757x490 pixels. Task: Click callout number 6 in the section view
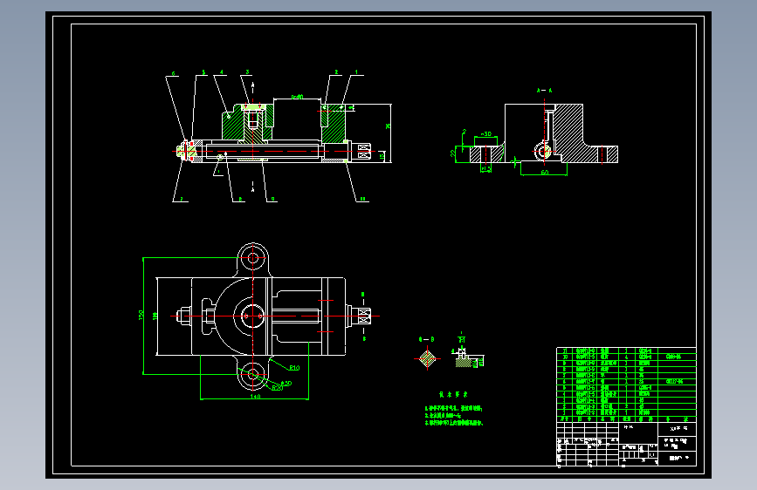[174, 74]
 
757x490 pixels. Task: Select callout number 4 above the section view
[224, 72]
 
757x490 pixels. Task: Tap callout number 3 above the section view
[247, 72]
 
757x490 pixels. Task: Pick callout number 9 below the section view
[273, 200]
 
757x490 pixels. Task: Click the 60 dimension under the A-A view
[543, 173]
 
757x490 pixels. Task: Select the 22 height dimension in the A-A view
[453, 153]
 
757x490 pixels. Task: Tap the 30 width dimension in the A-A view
[486, 134]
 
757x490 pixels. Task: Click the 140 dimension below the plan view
[255, 397]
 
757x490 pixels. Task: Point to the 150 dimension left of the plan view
[142, 315]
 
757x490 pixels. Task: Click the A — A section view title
[544, 90]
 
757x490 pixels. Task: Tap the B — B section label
[426, 337]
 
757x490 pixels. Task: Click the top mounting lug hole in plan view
[253, 257]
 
